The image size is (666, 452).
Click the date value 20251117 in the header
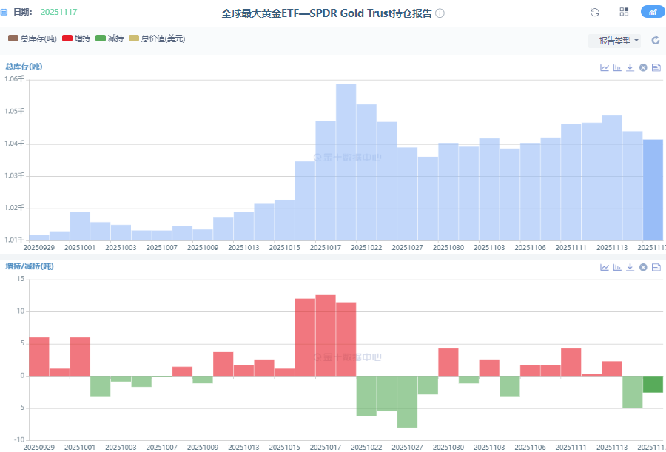58,13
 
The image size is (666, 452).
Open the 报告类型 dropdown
614,41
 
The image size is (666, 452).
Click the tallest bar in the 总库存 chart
346,163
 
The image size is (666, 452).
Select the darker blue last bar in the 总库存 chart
653,189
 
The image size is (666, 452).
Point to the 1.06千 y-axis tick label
15,79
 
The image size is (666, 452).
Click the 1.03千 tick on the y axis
15,176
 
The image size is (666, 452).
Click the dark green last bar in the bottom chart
653,384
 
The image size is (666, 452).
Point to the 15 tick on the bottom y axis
21,279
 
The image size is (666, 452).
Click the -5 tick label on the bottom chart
20,408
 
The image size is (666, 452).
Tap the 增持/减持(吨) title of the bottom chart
30,266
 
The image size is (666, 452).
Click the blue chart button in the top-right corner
652,12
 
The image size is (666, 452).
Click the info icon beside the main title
440,13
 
